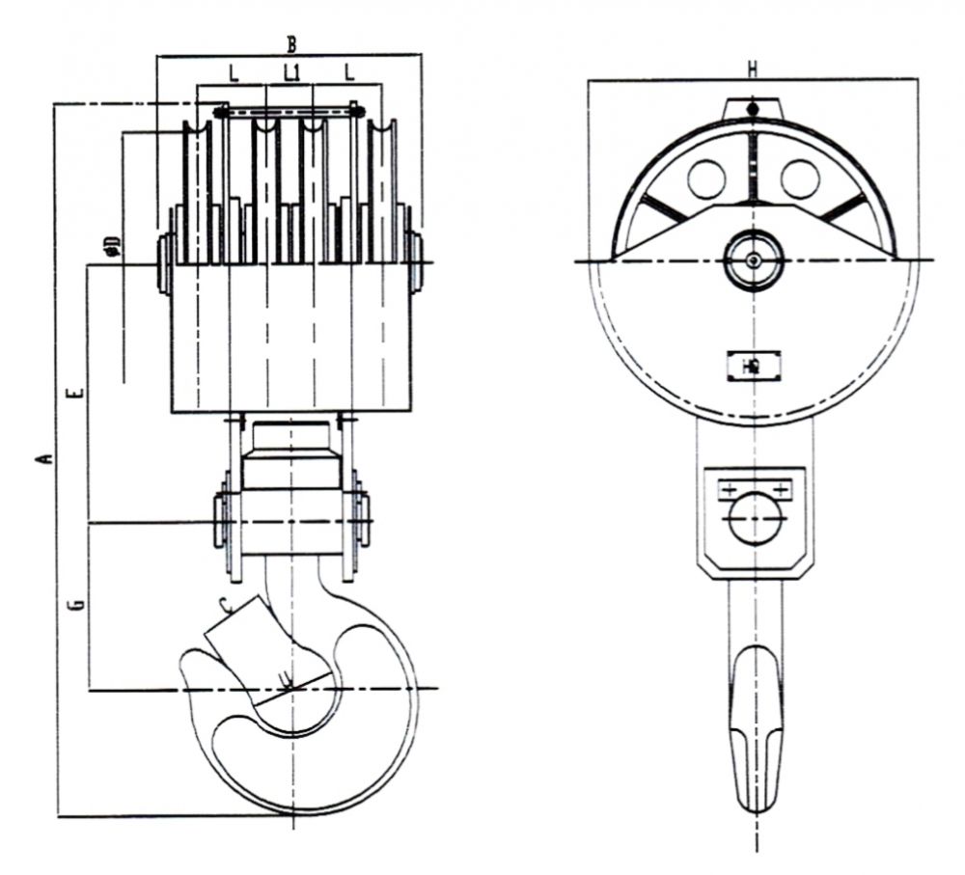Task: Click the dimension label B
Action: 290,43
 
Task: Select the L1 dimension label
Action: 291,72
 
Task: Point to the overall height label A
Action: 41,457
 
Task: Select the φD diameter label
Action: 112,245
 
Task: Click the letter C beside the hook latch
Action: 224,606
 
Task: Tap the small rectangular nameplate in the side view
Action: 753,367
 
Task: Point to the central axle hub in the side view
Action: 753,260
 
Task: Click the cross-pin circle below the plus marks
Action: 754,522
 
